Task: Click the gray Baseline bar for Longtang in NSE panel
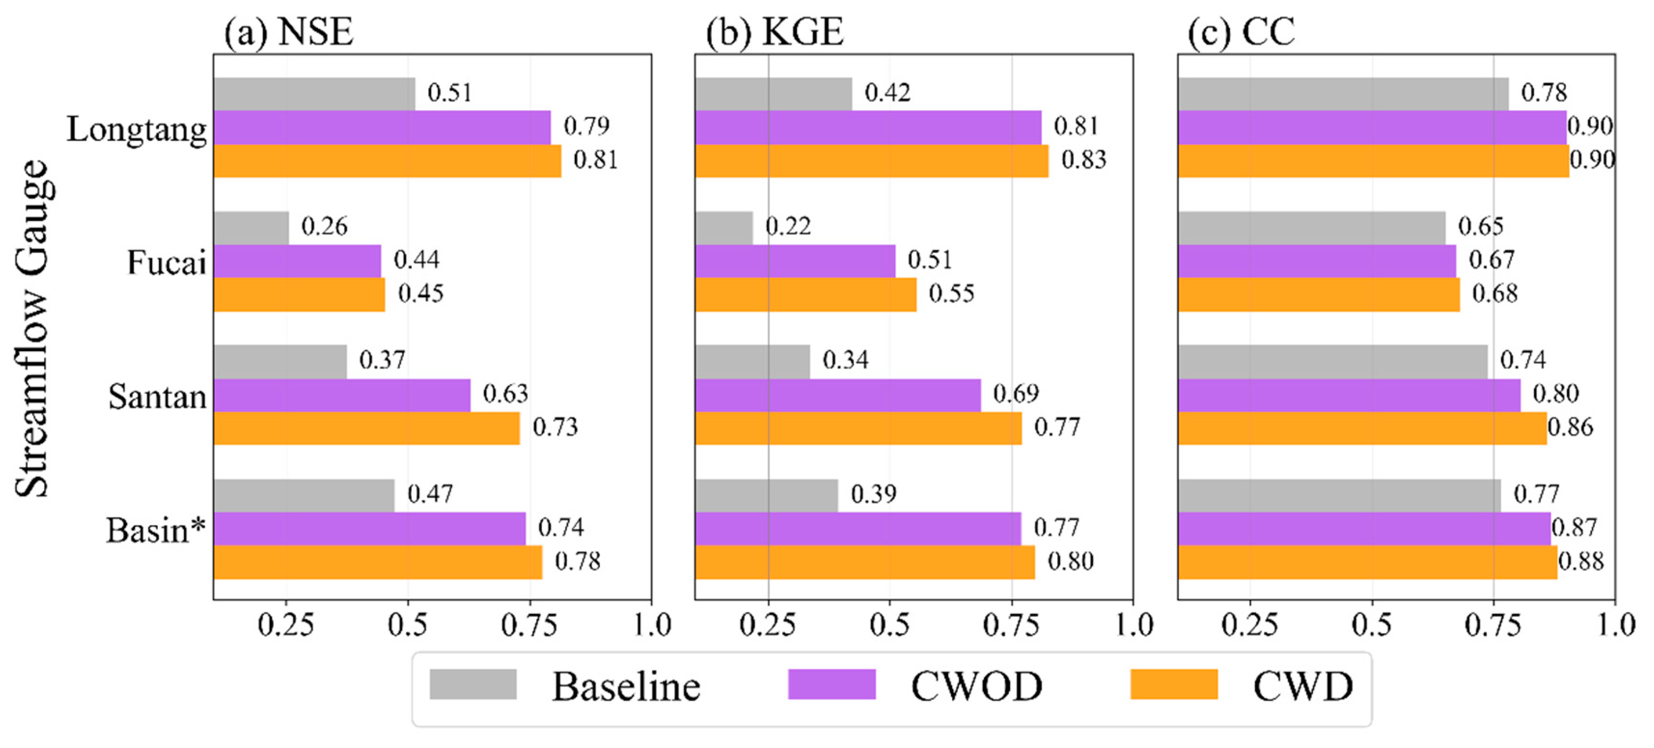(315, 94)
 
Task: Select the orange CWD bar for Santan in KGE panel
(858, 428)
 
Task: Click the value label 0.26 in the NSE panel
(324, 227)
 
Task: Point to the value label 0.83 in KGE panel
(1084, 160)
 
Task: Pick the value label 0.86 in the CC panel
(1570, 428)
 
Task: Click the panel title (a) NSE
(289, 32)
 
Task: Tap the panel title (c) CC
(1241, 32)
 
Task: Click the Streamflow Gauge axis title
(32, 329)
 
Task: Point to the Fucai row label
(166, 262)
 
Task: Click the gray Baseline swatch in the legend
(473, 684)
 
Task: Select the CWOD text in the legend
(977, 686)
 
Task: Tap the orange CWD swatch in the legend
(1175, 684)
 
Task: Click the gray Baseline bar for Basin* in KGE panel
(767, 496)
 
